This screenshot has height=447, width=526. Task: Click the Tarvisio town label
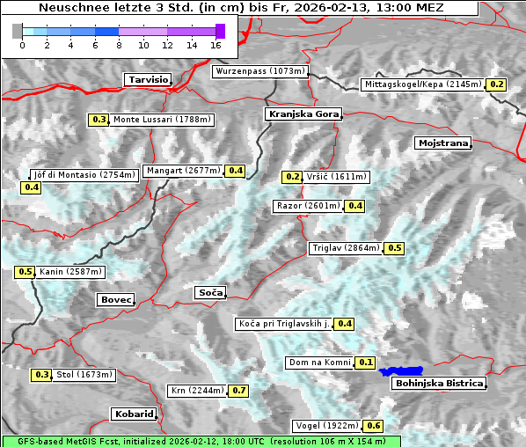[148, 79]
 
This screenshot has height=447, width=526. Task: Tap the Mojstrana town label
[443, 143]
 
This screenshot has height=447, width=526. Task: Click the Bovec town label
[115, 300]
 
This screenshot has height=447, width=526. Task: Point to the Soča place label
[210, 292]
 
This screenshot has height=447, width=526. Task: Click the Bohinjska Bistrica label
[439, 383]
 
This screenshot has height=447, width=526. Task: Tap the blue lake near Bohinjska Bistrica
[401, 371]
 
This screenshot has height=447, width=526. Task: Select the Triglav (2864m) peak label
[346, 248]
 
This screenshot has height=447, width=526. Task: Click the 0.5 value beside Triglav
[394, 248]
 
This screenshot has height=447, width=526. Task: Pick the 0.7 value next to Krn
[238, 390]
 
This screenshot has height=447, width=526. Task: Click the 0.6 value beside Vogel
[374, 426]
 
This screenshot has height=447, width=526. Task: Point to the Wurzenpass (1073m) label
[260, 71]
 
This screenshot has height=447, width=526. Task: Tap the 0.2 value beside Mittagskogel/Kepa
[496, 84]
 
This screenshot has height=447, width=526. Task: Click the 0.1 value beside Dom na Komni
[366, 363]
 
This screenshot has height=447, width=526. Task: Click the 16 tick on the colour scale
[216, 44]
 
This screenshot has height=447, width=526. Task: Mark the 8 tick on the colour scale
[119, 44]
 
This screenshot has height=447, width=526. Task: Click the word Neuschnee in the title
[72, 8]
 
